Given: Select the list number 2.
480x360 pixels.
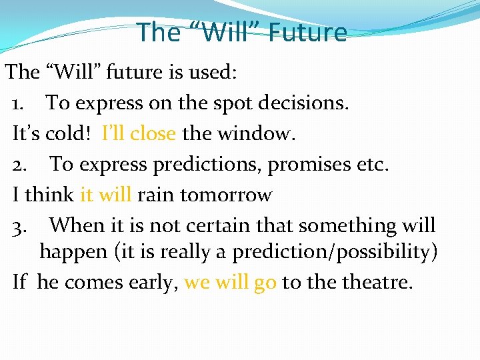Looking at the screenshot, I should [20, 165].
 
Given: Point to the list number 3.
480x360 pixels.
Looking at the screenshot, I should [20, 227].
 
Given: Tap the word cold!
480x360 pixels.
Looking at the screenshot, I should [69, 134].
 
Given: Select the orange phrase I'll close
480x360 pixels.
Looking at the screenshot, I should [139, 134].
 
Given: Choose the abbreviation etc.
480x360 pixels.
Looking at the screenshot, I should [374, 165].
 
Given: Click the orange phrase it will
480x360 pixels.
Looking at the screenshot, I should [105, 195].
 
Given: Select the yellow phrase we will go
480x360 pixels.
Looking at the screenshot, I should [230, 283].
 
